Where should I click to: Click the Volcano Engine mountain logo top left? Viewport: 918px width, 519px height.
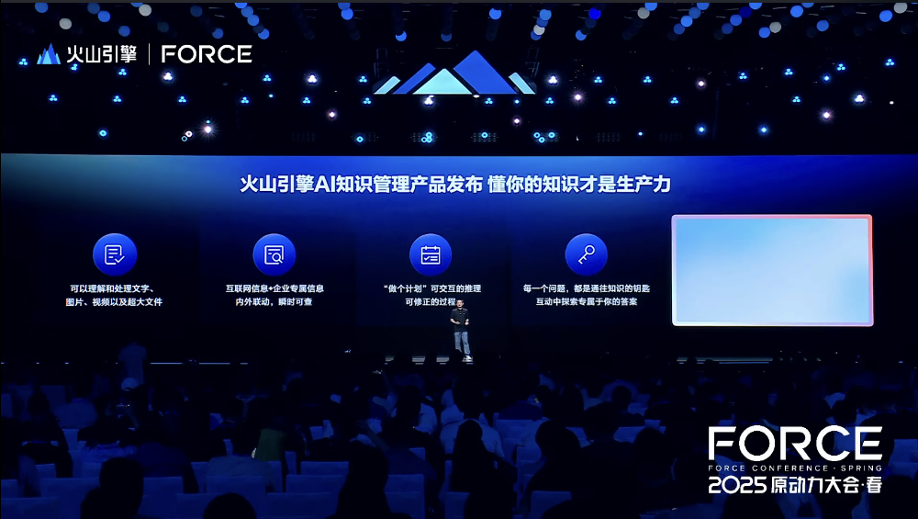pyautogui.click(x=49, y=54)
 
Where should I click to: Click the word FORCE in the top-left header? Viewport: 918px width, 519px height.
pyautogui.click(x=207, y=54)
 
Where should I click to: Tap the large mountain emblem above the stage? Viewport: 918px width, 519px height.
pyautogui.click(x=454, y=73)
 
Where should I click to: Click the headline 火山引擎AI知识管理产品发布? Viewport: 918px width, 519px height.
pyautogui.click(x=361, y=184)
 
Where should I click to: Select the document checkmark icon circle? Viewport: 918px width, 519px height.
pyautogui.click(x=115, y=254)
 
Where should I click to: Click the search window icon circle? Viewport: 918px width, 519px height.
pyautogui.click(x=274, y=254)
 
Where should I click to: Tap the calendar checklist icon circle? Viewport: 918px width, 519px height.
pyautogui.click(x=431, y=254)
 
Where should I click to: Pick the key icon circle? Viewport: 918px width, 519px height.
pyautogui.click(x=586, y=254)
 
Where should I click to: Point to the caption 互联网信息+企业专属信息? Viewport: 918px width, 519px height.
pyautogui.click(x=274, y=288)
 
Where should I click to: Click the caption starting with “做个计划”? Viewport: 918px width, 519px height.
pyautogui.click(x=432, y=288)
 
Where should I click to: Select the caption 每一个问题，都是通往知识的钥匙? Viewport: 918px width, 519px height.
pyautogui.click(x=587, y=288)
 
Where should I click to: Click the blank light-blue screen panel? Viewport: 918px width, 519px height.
pyautogui.click(x=772, y=270)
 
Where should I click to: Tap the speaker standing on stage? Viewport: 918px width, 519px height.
pyautogui.click(x=461, y=329)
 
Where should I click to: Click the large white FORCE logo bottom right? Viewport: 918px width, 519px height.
pyautogui.click(x=795, y=444)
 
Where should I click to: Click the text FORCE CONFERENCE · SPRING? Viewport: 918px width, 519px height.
pyautogui.click(x=795, y=468)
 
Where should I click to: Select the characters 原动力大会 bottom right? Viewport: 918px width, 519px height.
pyautogui.click(x=814, y=485)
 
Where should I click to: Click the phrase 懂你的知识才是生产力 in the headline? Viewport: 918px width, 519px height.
pyautogui.click(x=579, y=184)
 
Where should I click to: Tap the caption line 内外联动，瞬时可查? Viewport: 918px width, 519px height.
pyautogui.click(x=274, y=301)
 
